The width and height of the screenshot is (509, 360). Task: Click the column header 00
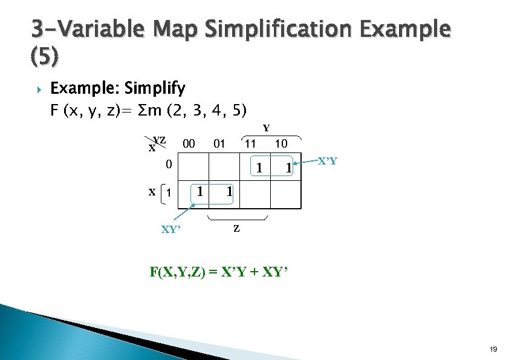189,144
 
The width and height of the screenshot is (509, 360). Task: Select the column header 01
219,144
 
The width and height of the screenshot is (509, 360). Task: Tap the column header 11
250,144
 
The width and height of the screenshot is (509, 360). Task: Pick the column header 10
280,144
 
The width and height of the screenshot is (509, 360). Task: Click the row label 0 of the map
169,164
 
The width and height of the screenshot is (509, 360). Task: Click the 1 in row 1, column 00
199,192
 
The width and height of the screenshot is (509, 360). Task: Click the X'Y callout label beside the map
328,162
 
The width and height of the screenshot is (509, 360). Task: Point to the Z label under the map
236,229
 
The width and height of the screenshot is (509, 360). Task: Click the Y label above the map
265,128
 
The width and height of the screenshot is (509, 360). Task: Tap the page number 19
493,350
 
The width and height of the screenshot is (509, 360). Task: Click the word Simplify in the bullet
154,89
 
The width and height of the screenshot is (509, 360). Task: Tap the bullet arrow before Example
37,90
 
